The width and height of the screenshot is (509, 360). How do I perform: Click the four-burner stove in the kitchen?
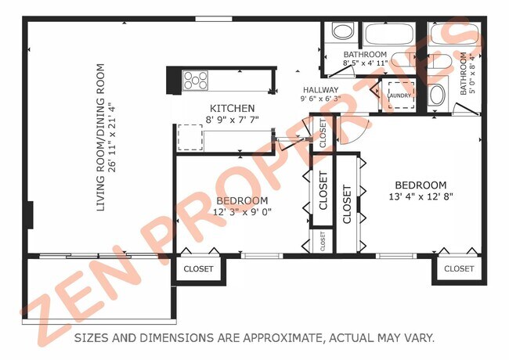(x=196, y=80)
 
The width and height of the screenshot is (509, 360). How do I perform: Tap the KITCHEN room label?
(x=232, y=108)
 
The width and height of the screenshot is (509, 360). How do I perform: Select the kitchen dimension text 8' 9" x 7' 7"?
(x=232, y=120)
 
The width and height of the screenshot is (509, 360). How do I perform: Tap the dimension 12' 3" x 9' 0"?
(x=242, y=211)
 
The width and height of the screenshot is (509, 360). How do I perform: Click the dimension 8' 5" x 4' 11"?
(x=366, y=63)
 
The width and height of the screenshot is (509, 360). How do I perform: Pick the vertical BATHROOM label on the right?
(x=464, y=74)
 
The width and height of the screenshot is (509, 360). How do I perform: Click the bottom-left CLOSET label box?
(x=198, y=268)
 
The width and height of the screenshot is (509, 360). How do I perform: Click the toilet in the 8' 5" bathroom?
(x=341, y=32)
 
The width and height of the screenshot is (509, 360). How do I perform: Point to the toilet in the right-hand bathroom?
(x=437, y=95)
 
